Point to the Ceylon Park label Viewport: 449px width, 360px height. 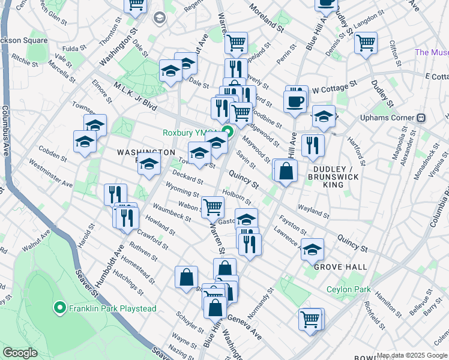pyautogui.click(x=348, y=289)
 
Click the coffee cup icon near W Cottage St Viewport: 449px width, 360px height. pyautogui.click(x=295, y=101)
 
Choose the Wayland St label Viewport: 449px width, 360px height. pyautogui.click(x=313, y=212)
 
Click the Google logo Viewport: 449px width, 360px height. pyautogui.click(x=20, y=353)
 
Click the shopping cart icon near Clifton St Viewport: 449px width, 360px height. pyautogui.click(x=365, y=43)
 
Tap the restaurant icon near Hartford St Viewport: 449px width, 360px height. pyautogui.click(x=313, y=146)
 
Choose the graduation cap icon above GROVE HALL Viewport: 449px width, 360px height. pyautogui.click(x=312, y=249)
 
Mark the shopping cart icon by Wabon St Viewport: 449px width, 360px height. pyautogui.click(x=213, y=208)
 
